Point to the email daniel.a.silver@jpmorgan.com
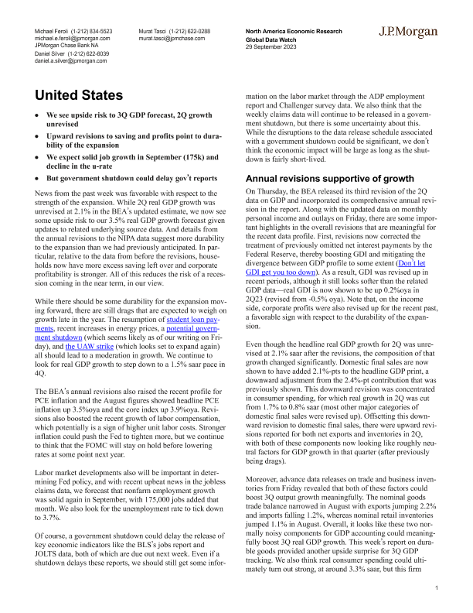[x=70, y=60]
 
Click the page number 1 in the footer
[x=437, y=589]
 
